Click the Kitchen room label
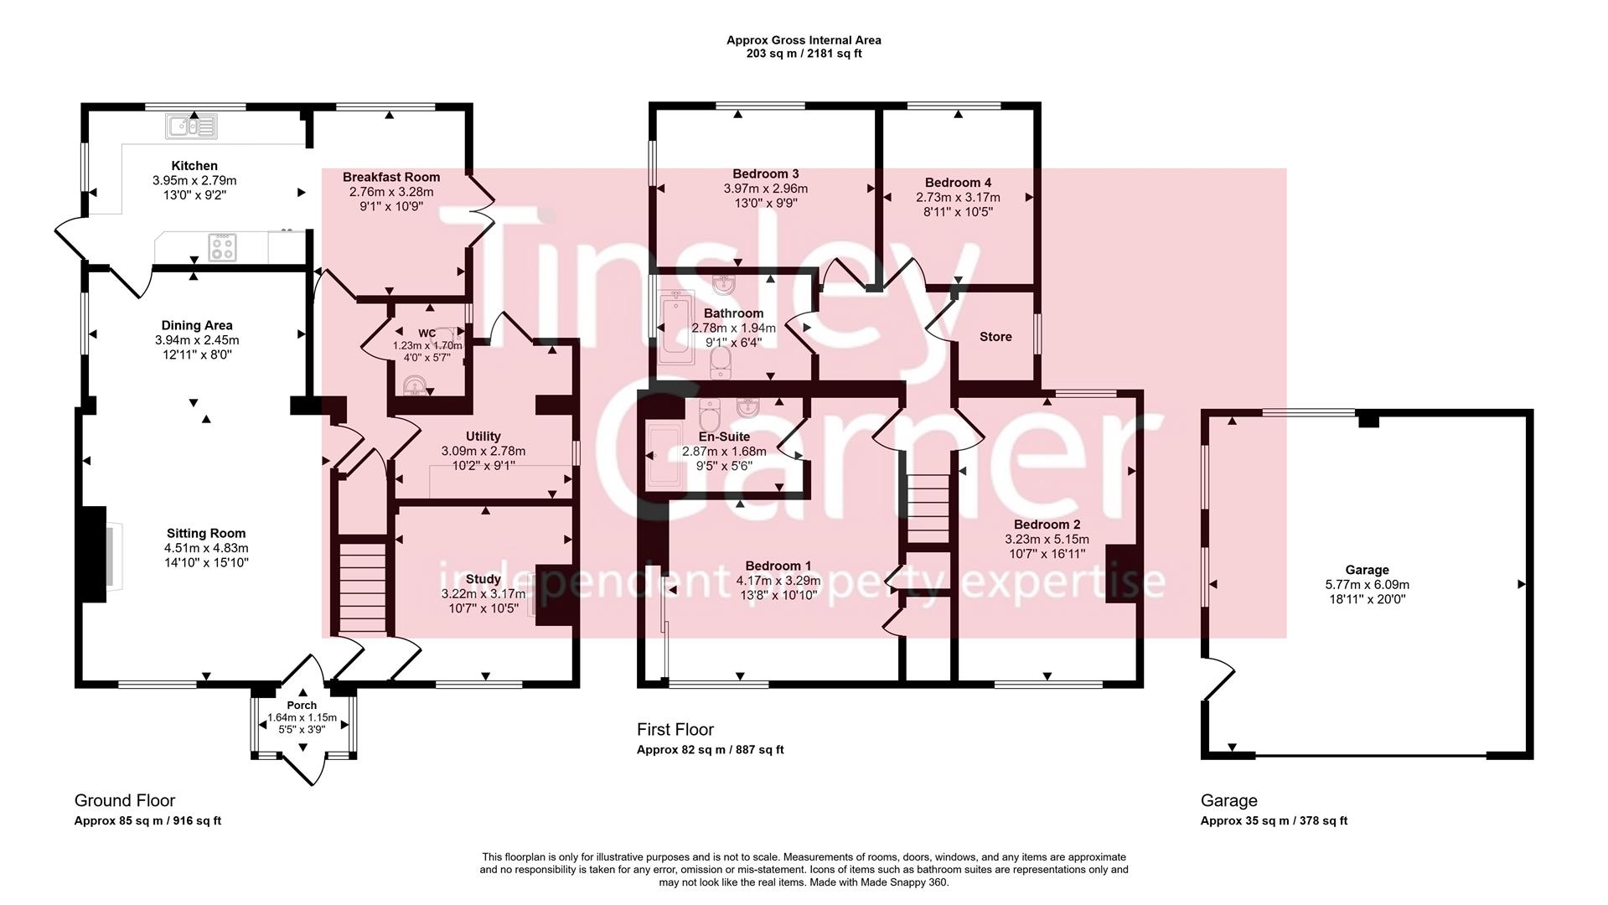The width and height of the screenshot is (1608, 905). coord(194,166)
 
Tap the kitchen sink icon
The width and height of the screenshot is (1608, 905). coord(192,127)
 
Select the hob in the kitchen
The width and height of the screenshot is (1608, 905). coord(222,247)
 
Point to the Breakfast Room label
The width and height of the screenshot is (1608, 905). coord(391,177)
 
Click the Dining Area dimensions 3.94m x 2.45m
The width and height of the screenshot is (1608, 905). coord(197,340)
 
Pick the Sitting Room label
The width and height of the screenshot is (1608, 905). coord(206,533)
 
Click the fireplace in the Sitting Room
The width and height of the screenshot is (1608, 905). coord(94,554)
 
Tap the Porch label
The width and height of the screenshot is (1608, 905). coord(302,706)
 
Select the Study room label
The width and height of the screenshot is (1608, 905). coord(483,579)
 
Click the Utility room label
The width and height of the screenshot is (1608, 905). coord(483,436)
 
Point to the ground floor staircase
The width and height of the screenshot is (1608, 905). coord(363,587)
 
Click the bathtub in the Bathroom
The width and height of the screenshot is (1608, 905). coord(675,327)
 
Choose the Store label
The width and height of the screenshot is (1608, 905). coord(995,337)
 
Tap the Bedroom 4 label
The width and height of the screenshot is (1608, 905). coord(958,183)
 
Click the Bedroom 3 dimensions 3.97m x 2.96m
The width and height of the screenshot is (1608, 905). coord(766,189)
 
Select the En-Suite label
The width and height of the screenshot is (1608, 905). coord(724,437)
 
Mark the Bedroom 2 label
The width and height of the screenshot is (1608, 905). coord(1047,525)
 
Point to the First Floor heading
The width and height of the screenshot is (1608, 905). coord(675,730)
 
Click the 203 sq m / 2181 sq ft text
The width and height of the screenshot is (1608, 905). coord(804,54)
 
